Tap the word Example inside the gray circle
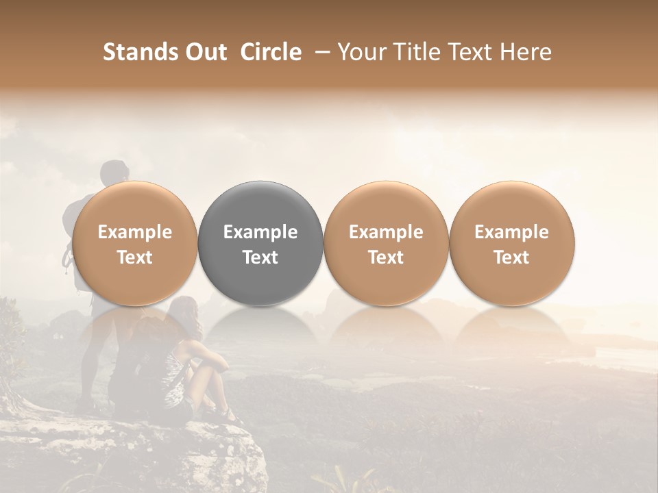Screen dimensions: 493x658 click(x=260, y=232)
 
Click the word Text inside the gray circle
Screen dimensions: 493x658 click(x=260, y=257)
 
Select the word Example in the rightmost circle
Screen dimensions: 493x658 click(x=511, y=232)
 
